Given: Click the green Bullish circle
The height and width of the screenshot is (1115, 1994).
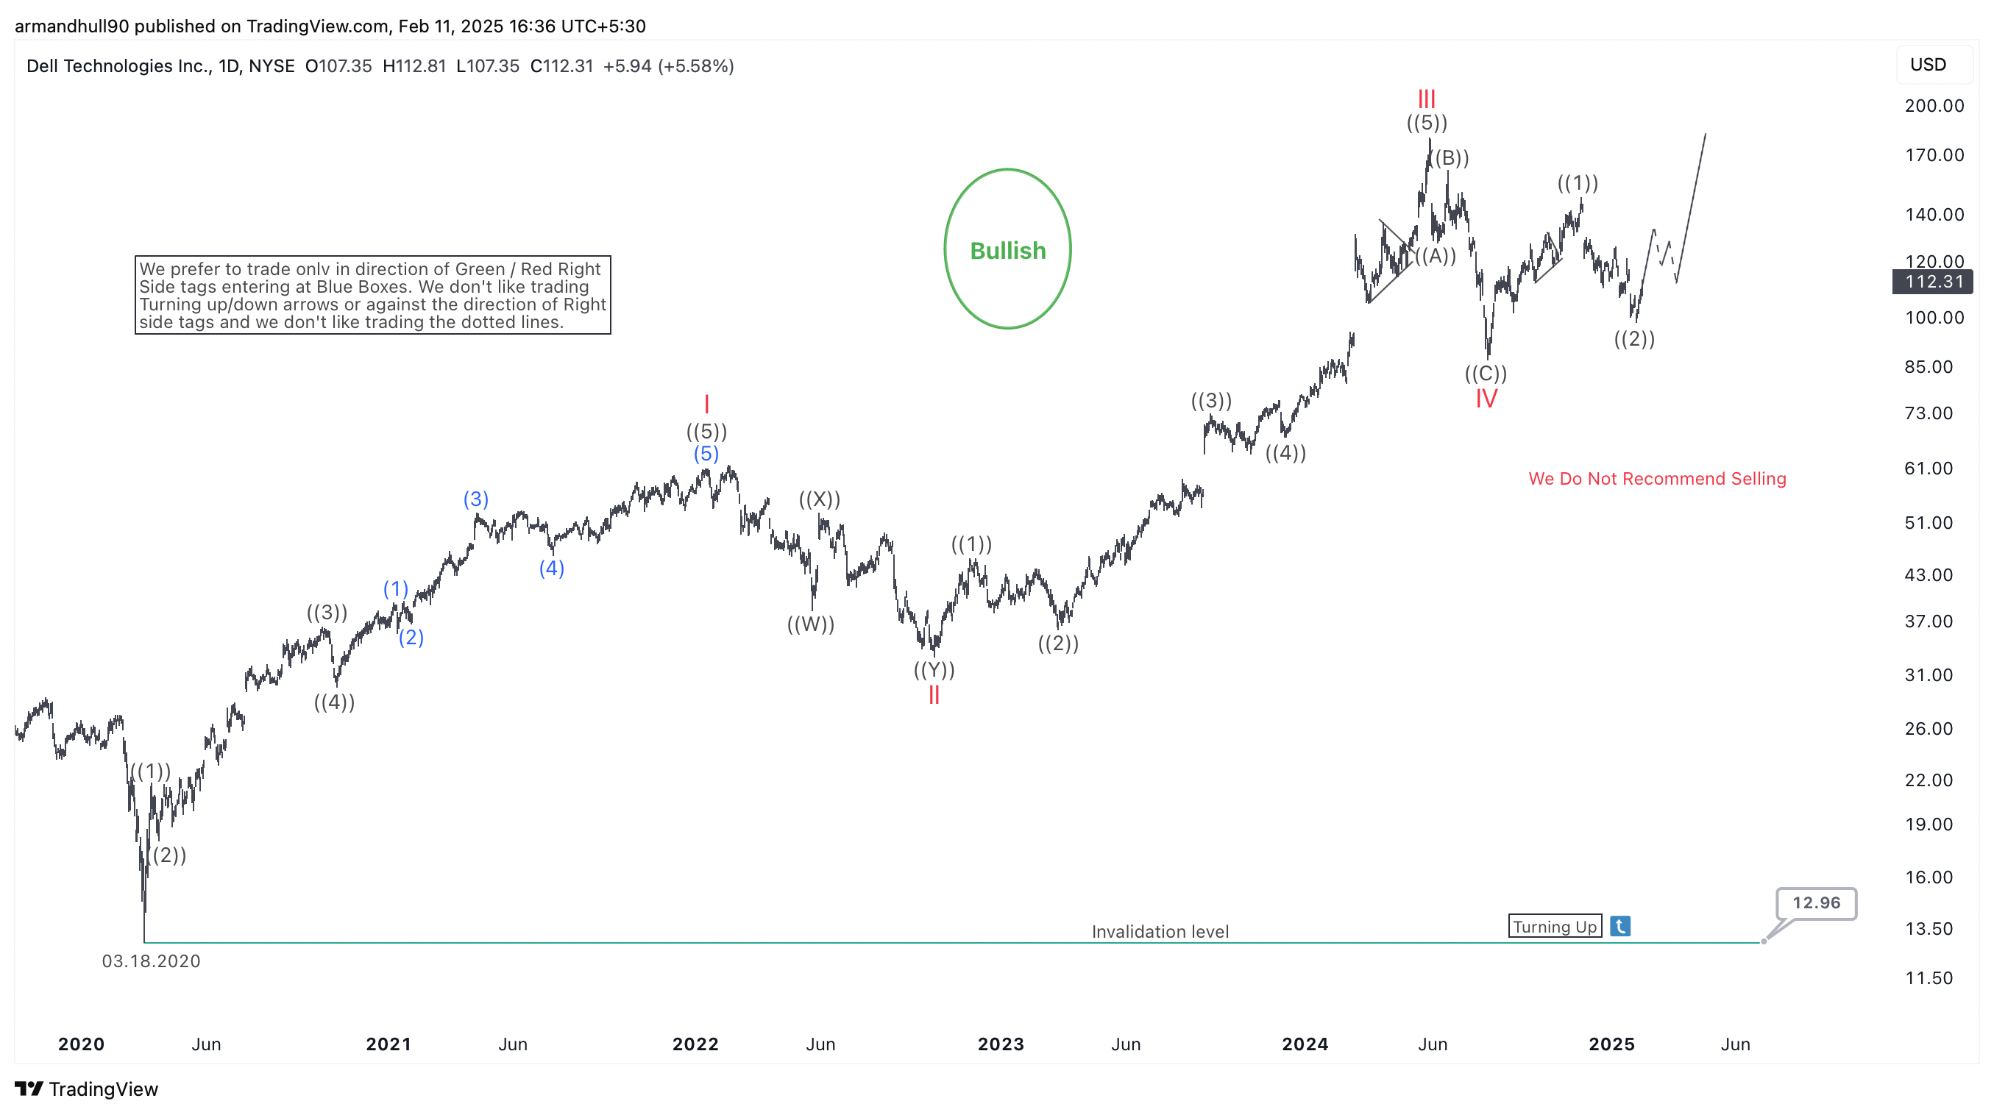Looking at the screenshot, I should coord(1007,249).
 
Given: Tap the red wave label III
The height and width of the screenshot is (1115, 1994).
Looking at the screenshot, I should coord(1426,99).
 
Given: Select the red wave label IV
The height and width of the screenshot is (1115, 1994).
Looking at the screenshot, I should coord(1486,399).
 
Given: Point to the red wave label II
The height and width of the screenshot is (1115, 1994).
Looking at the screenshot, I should coord(934,695).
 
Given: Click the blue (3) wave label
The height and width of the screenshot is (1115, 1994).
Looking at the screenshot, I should coord(475,499).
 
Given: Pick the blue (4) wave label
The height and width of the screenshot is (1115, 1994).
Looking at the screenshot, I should coord(551,568).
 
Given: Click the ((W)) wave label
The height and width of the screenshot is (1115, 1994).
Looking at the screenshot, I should coord(810,624).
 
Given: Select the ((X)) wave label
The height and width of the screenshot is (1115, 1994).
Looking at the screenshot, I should coord(819,499).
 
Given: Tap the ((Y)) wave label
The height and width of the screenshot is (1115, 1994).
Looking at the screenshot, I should coord(934,669).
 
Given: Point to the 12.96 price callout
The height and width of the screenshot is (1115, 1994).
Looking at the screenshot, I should coord(1815,903).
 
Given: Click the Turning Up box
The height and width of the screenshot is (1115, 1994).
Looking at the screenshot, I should coord(1554,926).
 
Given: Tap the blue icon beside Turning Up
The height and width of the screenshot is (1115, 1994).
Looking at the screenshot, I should coord(1620,926).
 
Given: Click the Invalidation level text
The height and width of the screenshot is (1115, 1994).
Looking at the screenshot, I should coord(1160,932).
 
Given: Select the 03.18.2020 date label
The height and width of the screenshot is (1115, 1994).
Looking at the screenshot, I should coord(151,961).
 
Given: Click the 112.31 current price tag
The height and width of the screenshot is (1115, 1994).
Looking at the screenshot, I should coord(1932,282).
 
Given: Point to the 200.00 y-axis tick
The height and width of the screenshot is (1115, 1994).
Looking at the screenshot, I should coord(1934,106).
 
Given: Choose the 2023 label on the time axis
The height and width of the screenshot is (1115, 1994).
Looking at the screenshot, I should coord(1000,1044).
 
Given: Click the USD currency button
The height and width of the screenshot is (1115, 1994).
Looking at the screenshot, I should coord(1928,65).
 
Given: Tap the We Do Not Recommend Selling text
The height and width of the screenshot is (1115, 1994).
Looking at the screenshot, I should coord(1656,479).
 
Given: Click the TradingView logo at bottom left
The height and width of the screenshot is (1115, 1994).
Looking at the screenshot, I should coord(86,1089).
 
